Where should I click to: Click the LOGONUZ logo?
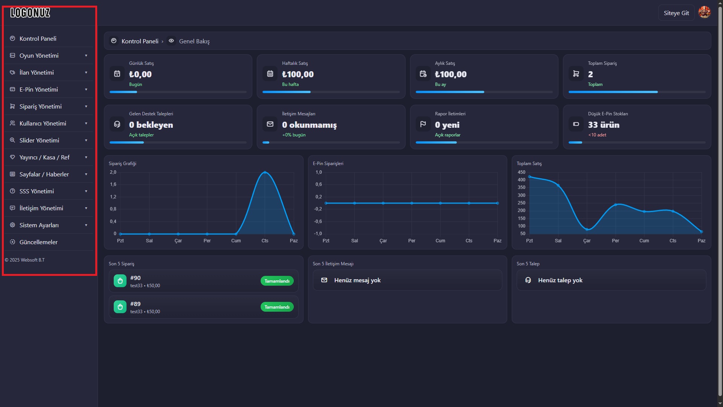(x=30, y=13)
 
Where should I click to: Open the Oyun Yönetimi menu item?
(x=39, y=56)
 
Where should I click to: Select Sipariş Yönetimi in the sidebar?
(x=41, y=107)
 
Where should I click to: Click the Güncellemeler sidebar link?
(x=38, y=242)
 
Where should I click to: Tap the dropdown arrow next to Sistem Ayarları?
(x=86, y=225)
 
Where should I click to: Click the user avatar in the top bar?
(x=704, y=12)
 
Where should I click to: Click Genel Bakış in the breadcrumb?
(x=194, y=41)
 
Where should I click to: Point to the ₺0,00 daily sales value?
(x=140, y=74)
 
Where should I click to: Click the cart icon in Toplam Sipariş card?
(x=576, y=74)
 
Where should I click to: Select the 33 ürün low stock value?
(x=604, y=125)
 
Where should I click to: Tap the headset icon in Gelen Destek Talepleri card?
(x=117, y=124)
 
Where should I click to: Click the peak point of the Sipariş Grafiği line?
(x=265, y=172)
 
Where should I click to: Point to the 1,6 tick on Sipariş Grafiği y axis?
(x=113, y=185)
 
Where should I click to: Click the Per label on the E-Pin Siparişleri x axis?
(x=412, y=241)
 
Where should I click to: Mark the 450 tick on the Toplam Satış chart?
(x=522, y=172)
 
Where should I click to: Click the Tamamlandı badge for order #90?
(x=277, y=281)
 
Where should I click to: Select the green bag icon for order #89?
(x=120, y=307)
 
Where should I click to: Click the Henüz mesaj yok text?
(x=357, y=280)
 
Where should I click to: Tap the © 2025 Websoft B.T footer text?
(x=24, y=260)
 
